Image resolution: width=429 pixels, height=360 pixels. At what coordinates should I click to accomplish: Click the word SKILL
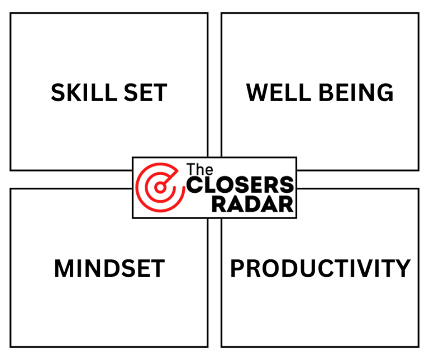pos(84,93)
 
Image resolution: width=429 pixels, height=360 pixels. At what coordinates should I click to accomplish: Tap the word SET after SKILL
pos(145,93)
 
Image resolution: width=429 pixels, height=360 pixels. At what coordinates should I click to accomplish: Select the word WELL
pos(279,93)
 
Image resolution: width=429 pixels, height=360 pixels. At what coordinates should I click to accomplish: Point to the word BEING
pos(356,93)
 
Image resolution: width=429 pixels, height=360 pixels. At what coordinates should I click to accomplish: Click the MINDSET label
pos(109,268)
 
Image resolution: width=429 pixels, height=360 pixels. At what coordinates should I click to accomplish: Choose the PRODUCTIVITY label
pos(321,268)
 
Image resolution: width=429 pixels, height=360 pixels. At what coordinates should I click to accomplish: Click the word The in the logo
pos(200,169)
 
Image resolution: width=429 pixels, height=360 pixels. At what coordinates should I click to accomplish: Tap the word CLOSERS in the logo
pos(240,185)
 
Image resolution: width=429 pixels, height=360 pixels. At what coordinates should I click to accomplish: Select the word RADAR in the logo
pos(252,204)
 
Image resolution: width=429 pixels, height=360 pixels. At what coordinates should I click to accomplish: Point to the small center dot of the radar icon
pos(160,187)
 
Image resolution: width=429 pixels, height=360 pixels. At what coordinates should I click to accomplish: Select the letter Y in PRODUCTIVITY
pos(402,268)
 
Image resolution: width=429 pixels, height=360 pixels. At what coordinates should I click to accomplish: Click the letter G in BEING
pos(385,93)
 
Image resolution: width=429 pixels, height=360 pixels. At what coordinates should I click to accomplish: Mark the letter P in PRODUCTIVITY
pos(238,268)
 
